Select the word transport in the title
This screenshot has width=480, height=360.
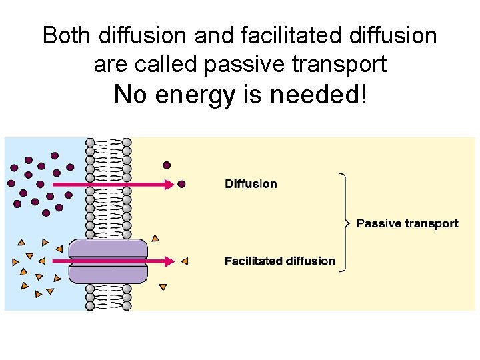[x=342, y=64]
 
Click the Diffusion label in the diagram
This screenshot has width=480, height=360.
[x=251, y=184]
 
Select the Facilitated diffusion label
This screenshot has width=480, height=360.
[x=280, y=261]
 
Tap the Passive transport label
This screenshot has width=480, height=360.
[x=407, y=223]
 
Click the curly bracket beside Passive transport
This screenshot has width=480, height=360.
[x=345, y=223]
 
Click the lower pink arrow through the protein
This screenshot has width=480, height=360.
[x=113, y=261]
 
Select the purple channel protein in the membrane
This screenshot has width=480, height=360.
[x=108, y=261]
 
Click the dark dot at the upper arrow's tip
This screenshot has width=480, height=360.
[x=181, y=184]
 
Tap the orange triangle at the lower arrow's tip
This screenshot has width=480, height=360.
[x=185, y=261]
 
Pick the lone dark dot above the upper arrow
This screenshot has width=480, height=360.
[x=167, y=165]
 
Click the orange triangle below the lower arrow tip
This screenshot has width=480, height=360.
[x=163, y=287]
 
